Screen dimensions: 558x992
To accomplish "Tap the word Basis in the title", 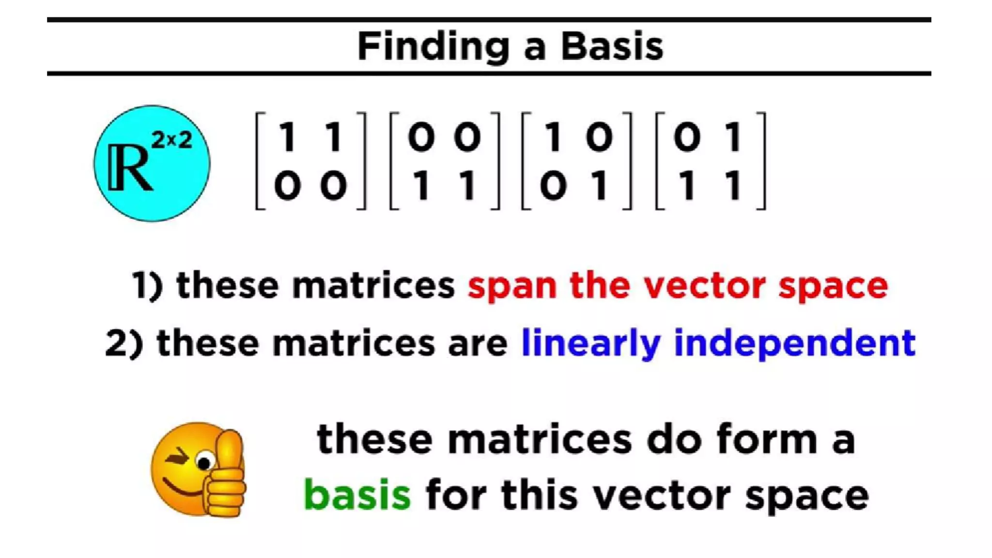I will [612, 46].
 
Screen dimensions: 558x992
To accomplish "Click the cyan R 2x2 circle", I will [152, 164].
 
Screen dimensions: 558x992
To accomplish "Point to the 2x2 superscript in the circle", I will [172, 140].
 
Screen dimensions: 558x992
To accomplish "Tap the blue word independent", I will [794, 343].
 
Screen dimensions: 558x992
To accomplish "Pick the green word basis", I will [357, 495].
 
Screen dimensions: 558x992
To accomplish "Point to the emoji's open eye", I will [205, 462].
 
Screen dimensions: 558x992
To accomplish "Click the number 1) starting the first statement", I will [147, 285].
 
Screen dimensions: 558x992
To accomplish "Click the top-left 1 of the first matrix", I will [288, 137].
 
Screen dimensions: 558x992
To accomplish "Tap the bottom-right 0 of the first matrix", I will [334, 186].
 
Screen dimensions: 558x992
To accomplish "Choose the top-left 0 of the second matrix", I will [421, 137].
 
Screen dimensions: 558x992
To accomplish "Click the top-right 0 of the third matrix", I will [599, 137].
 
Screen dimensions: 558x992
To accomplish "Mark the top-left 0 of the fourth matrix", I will [687, 137].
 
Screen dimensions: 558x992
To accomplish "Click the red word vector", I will [704, 286].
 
